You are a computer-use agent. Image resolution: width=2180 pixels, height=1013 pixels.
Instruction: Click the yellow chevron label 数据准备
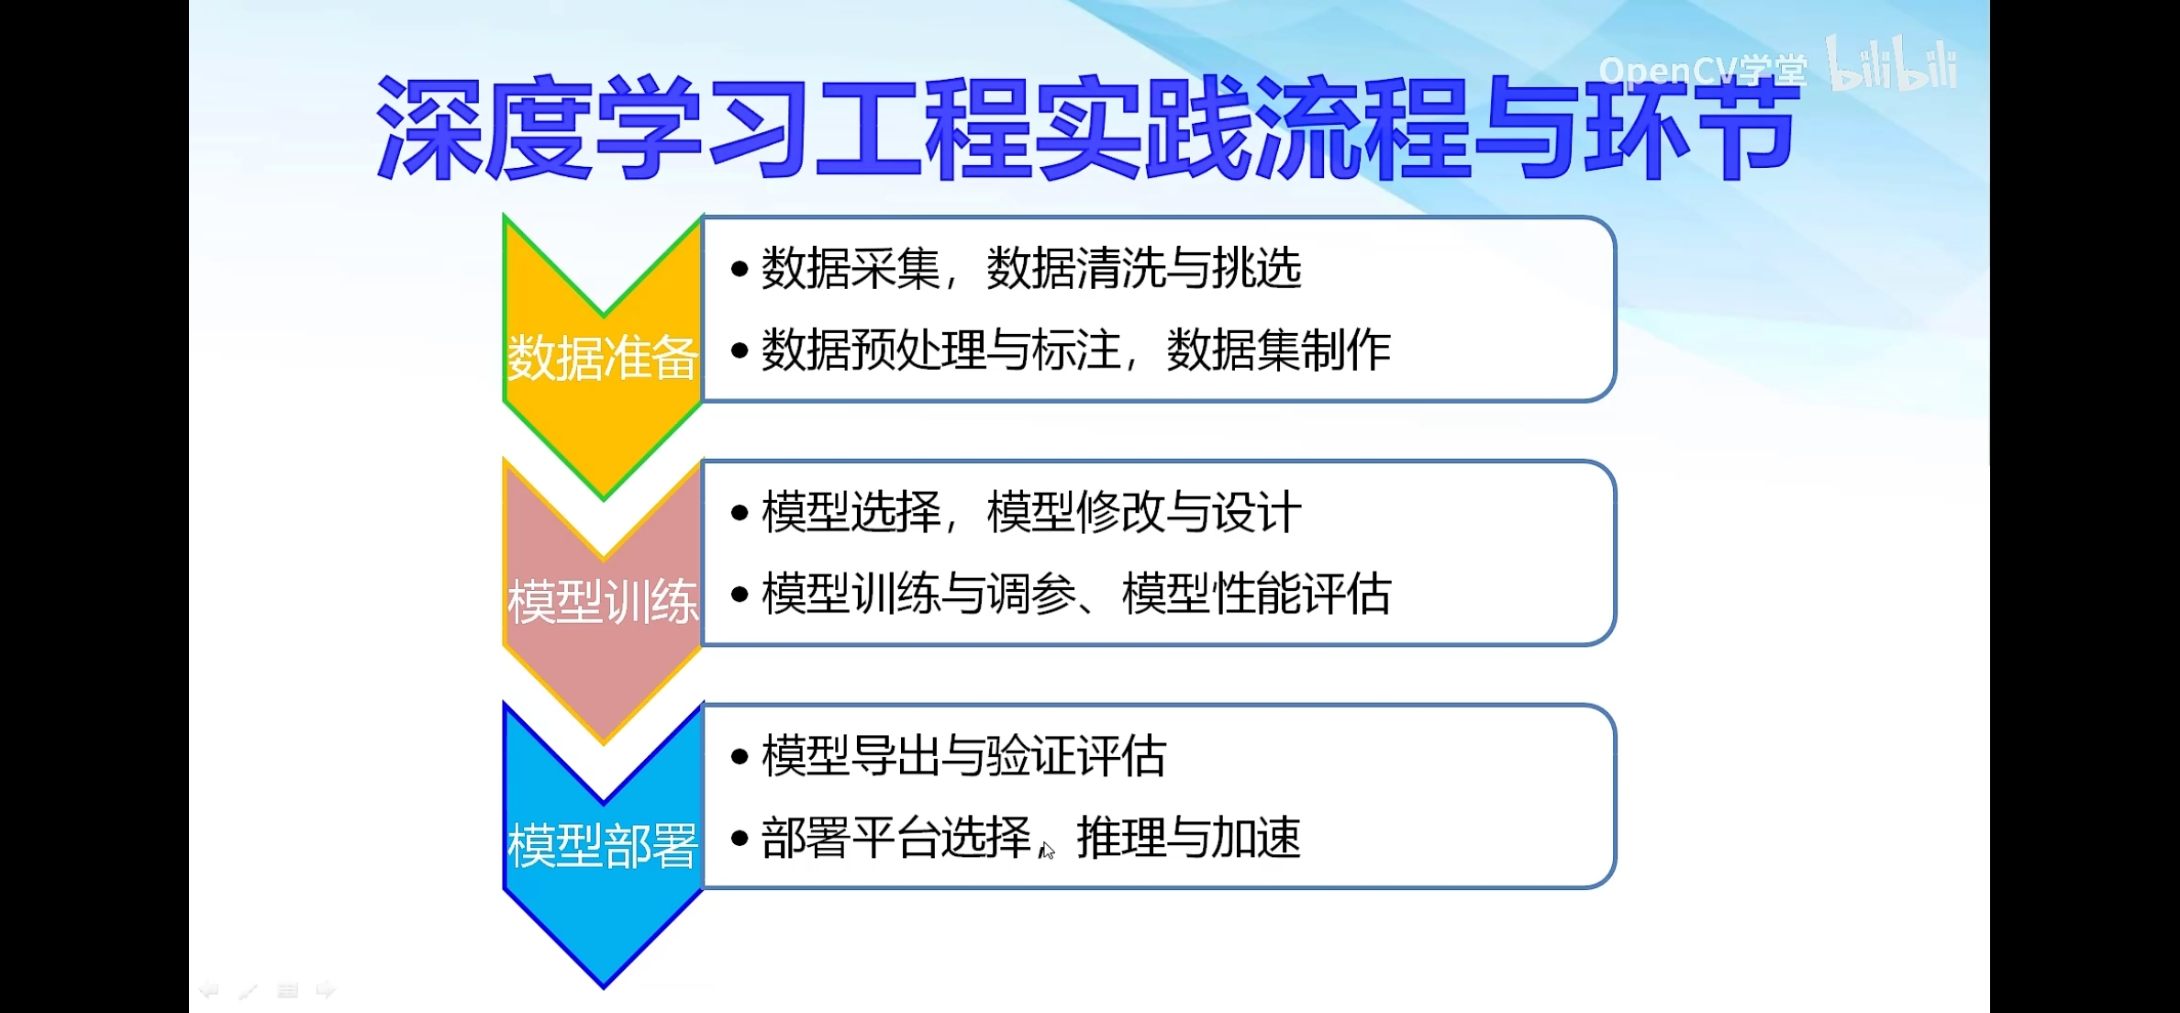point(603,357)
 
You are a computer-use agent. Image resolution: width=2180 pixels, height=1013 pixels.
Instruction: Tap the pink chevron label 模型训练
point(603,602)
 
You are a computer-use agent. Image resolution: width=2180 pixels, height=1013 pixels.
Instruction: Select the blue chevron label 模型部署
point(603,845)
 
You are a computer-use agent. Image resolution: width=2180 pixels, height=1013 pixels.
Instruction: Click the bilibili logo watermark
point(1891,64)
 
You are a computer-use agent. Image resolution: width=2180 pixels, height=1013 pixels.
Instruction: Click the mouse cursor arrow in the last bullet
point(1047,851)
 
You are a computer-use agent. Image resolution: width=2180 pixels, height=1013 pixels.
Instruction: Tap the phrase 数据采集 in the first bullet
point(851,269)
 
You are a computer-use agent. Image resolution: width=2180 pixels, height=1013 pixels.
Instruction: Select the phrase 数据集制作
point(1278,350)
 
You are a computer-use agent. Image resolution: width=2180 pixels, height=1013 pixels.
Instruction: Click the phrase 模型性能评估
point(1256,594)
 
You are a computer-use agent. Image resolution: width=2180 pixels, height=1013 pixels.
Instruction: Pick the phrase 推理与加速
point(1188,837)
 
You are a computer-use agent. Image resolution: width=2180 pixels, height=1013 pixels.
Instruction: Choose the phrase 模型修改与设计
point(1144,512)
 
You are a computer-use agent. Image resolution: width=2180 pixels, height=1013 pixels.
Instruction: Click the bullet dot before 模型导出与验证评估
point(740,757)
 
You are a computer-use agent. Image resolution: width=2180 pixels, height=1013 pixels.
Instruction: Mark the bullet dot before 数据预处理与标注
point(740,351)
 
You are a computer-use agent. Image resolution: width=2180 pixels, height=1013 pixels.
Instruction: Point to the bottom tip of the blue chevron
point(604,987)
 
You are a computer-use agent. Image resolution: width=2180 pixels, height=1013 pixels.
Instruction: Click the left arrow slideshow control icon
point(209,990)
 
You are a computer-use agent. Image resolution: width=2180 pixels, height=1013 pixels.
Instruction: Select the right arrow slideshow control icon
point(326,990)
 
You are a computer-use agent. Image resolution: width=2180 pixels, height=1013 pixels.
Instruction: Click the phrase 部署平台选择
point(896,837)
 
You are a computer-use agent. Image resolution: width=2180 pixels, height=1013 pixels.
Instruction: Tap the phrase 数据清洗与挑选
point(1144,269)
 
